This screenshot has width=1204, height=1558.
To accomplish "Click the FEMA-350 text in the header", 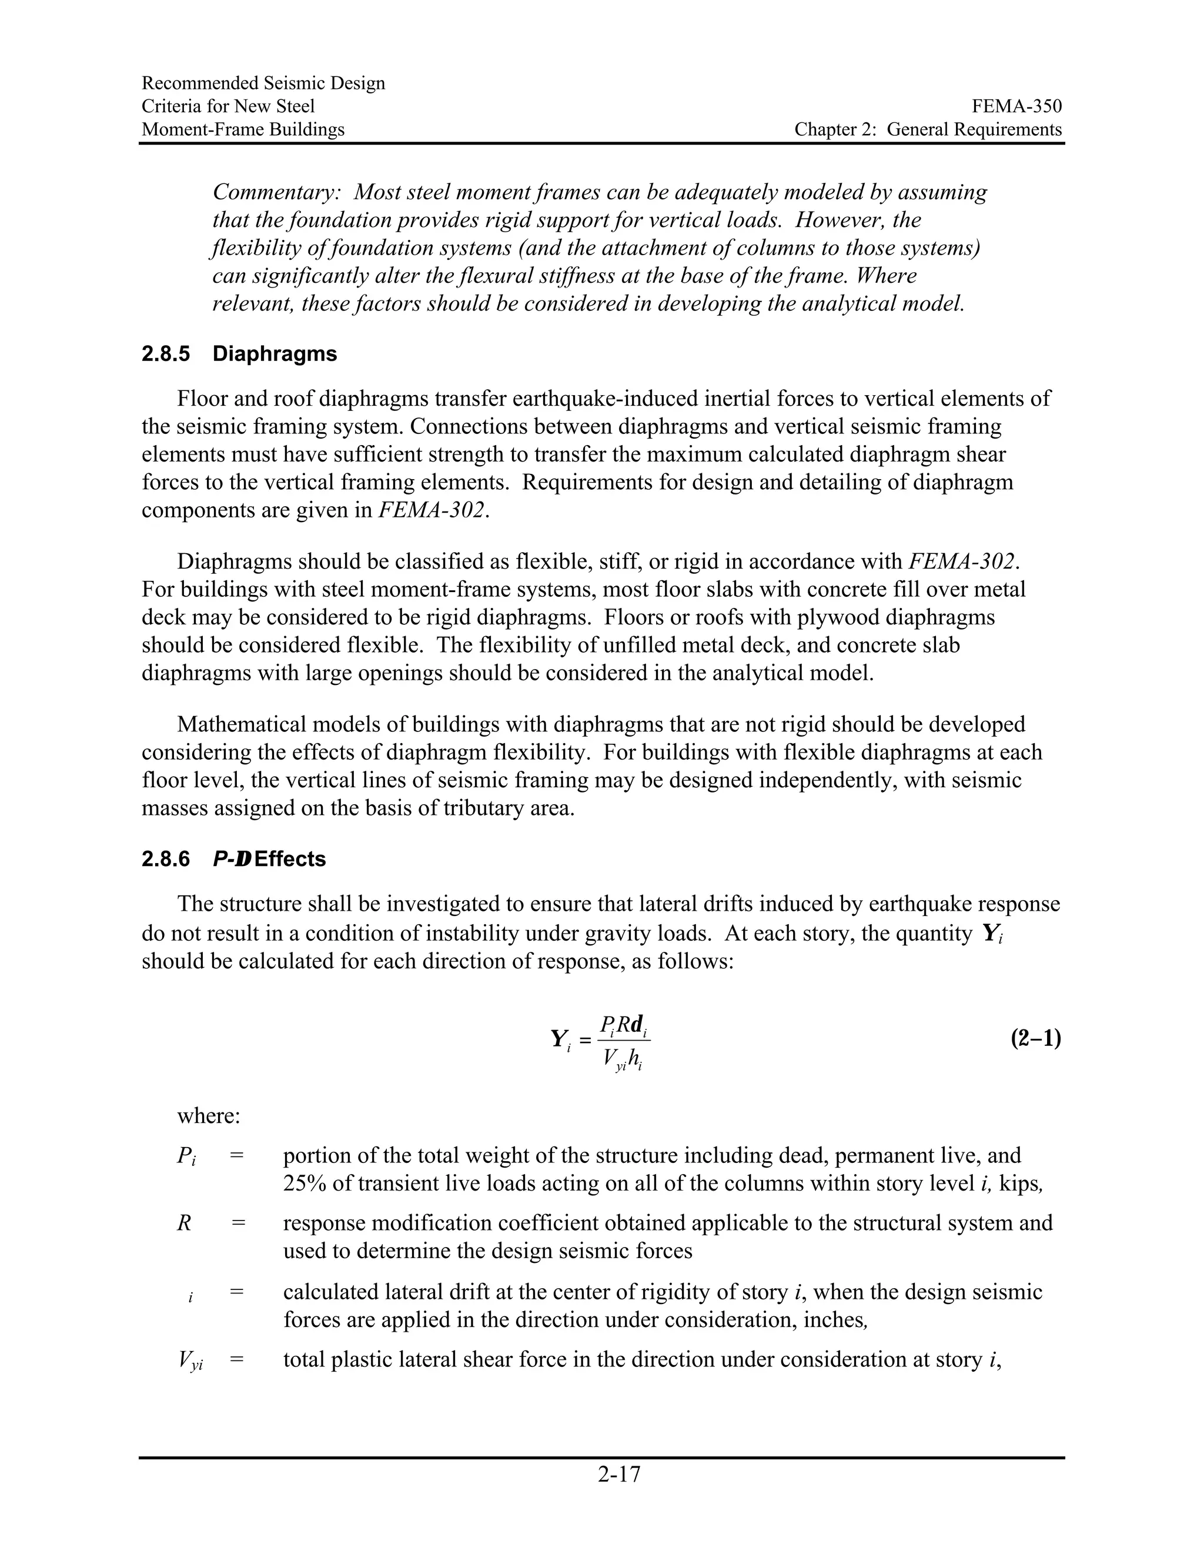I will tap(1016, 106).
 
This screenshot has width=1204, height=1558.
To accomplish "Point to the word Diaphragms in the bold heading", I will tap(275, 354).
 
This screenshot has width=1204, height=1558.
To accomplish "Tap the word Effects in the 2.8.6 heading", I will tap(290, 859).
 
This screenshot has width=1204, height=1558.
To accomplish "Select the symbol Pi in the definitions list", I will tap(186, 1156).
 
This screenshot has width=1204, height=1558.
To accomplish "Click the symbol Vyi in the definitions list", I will tap(190, 1361).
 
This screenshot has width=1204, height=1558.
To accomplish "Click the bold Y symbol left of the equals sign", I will tap(559, 1039).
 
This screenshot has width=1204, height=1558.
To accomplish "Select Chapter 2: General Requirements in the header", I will tap(928, 129).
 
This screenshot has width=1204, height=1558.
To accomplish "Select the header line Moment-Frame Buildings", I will tap(243, 129).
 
